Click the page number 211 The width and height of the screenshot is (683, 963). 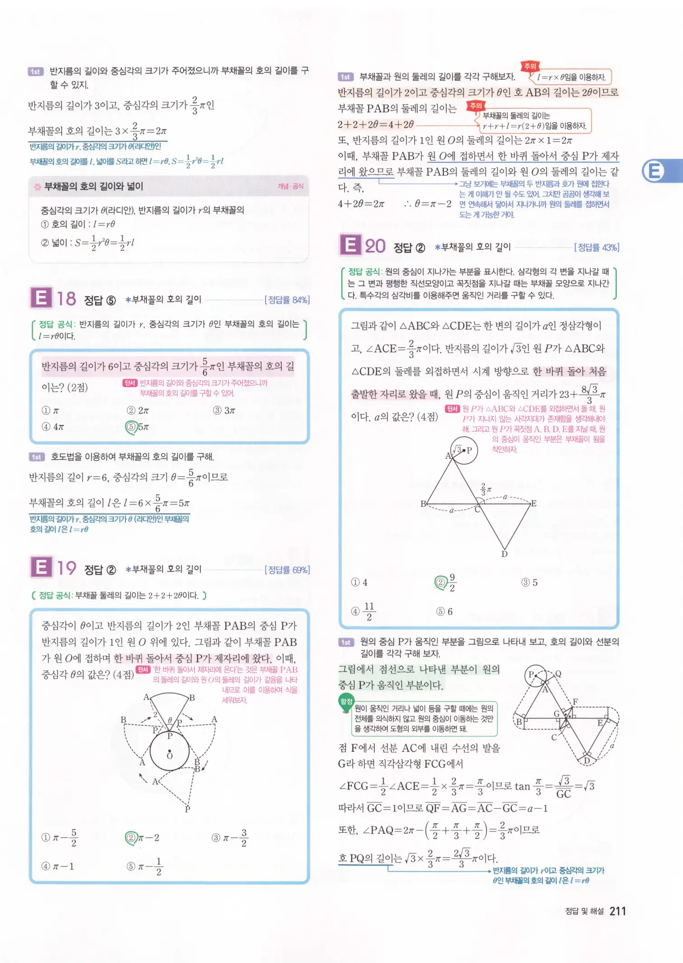[617, 911]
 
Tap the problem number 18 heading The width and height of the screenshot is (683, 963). [66, 299]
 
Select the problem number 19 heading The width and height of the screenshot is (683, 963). [67, 568]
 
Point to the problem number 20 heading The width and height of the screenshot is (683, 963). [375, 246]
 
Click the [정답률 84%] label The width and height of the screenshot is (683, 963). [287, 300]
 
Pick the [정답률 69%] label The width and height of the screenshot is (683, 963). [287, 570]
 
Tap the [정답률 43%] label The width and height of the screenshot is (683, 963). [596, 247]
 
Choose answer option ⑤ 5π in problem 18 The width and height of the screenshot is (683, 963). [138, 427]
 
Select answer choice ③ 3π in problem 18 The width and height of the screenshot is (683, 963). [224, 410]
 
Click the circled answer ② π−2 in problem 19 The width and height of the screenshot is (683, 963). [143, 838]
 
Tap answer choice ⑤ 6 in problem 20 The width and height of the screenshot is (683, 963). [444, 611]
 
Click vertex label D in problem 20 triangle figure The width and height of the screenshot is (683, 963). [504, 554]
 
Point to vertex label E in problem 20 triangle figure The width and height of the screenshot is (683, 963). [534, 503]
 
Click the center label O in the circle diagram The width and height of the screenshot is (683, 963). [170, 756]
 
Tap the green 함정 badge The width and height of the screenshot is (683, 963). [346, 701]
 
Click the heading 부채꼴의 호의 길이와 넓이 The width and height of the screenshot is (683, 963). [94, 186]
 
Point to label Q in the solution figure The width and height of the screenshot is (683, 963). [558, 674]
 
